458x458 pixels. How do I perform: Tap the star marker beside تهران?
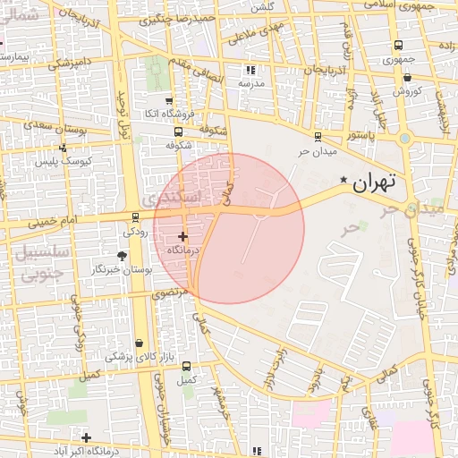coord(343,181)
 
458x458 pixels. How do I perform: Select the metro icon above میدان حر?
coord(318,136)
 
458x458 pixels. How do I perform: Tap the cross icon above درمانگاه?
coord(183,237)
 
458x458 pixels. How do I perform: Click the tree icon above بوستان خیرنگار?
coord(122,256)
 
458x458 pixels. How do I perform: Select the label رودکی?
coord(136,231)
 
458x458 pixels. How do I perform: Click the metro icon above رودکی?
coord(135,216)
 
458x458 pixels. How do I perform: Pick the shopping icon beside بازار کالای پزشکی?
coord(139,343)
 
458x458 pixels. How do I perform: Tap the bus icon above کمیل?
coord(186,366)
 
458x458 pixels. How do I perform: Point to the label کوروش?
coord(406,91)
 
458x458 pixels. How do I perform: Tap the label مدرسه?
coord(250,83)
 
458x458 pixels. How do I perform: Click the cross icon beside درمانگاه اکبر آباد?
coord(86,438)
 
